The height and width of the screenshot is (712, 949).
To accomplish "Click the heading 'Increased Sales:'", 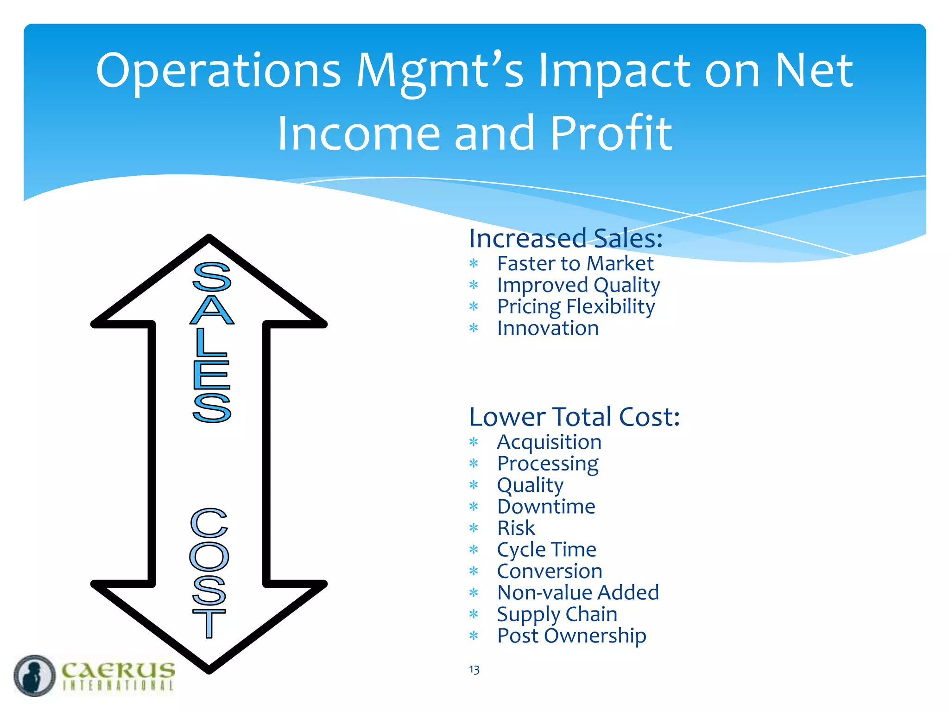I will click(x=566, y=239).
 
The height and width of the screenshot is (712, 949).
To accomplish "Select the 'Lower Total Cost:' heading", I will click(x=574, y=417).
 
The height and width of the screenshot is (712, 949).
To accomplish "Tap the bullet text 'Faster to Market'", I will click(x=575, y=264).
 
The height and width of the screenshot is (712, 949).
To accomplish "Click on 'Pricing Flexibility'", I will click(x=576, y=307).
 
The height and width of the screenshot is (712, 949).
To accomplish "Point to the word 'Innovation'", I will click(x=548, y=328).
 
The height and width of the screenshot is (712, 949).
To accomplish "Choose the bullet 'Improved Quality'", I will click(x=578, y=286).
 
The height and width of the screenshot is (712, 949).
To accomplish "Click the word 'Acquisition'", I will click(x=549, y=442).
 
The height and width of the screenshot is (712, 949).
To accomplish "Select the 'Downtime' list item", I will click(x=546, y=507).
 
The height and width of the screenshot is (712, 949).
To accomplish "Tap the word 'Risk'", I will click(x=516, y=528).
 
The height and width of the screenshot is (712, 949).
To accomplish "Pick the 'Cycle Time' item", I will click(x=546, y=550).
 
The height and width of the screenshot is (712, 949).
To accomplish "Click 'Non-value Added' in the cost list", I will click(x=578, y=592).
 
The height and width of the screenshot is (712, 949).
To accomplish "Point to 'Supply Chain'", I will click(x=557, y=614).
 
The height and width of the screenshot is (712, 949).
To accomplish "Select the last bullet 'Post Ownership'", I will click(x=571, y=636).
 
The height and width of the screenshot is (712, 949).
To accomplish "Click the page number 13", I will click(x=474, y=670).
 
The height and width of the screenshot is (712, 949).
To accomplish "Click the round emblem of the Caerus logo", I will click(x=35, y=675).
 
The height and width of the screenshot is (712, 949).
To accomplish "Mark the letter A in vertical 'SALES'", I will click(x=212, y=310).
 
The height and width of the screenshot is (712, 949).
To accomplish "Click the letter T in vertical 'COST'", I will click(x=209, y=623).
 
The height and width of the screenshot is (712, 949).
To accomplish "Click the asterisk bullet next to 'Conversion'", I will click(x=474, y=571).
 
